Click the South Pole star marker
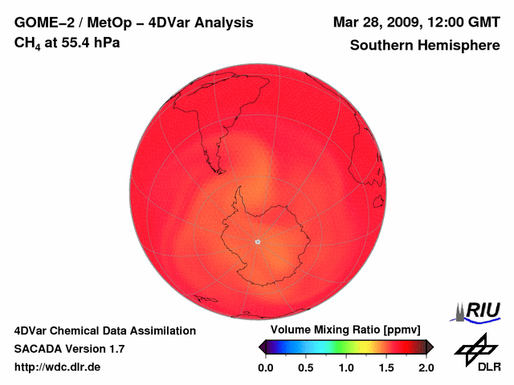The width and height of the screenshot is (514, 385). (258, 241)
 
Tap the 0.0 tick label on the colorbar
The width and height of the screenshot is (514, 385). (265, 367)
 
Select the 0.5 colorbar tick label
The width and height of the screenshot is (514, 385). (306, 367)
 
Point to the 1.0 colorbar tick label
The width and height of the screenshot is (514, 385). (346, 367)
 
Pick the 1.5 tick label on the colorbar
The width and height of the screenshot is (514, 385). (386, 367)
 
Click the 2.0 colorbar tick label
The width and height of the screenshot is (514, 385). (426, 367)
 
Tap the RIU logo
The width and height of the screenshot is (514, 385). (479, 311)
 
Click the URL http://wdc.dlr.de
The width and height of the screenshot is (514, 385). (59, 367)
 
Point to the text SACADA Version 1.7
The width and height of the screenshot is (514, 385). (69, 349)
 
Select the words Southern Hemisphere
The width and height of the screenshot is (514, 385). (425, 46)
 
